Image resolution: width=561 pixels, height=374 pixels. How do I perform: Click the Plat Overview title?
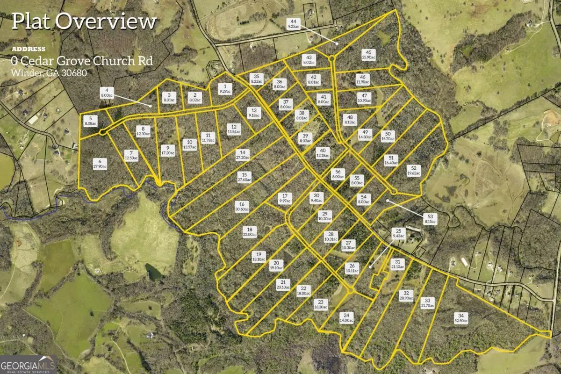click(84, 22)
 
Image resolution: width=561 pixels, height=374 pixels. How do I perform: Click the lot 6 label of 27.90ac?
click(100, 164)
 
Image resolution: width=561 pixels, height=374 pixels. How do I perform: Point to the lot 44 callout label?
click(294, 24)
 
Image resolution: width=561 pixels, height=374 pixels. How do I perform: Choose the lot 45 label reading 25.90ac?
click(369, 55)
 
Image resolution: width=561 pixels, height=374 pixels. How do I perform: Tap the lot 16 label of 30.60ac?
click(242, 207)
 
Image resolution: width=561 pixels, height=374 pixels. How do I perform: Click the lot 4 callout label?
click(107, 93)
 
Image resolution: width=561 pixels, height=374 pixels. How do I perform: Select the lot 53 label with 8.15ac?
click(431, 219)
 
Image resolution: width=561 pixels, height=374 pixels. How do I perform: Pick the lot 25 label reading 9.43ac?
click(399, 233)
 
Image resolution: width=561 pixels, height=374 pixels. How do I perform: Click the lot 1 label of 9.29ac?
click(225, 89)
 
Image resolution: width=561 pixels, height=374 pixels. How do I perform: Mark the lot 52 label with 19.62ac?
click(414, 171)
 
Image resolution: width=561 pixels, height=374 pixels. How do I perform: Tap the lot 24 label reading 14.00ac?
click(346, 317)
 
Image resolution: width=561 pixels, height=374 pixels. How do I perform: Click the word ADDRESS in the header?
click(29, 49)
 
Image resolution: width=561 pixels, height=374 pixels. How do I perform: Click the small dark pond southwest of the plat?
click(153, 272)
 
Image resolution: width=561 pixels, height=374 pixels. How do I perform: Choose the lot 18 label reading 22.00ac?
click(250, 232)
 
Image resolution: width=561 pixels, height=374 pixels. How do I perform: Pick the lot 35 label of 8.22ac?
click(257, 79)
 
